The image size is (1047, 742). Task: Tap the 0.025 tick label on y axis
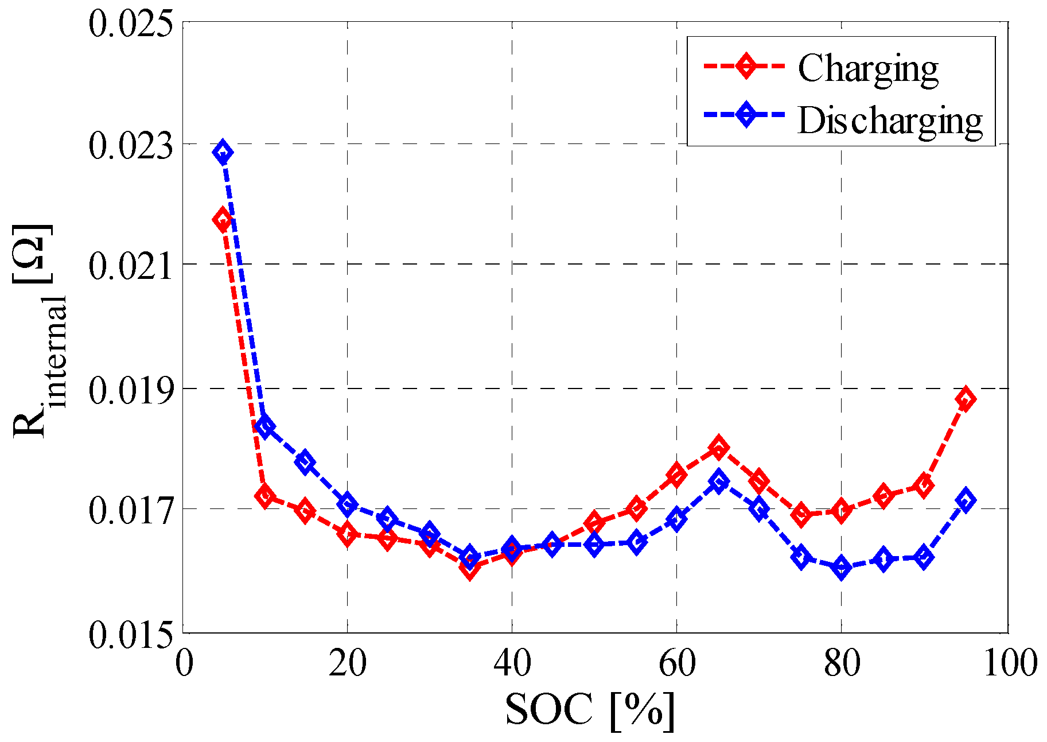[130, 24]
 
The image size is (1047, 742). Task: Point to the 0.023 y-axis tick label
[130, 145]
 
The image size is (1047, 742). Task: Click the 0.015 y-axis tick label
[130, 635]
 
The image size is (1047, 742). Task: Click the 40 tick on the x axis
[512, 663]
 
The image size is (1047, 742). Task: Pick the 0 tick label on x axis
[184, 663]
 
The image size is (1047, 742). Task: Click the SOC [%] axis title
[590, 710]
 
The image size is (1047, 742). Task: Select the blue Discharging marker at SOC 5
[223, 153]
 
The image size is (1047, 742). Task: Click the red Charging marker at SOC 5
[223, 220]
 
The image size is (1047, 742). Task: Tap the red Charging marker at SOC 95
[965, 399]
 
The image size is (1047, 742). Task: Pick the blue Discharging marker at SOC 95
[965, 500]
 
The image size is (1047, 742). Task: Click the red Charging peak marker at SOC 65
[718, 447]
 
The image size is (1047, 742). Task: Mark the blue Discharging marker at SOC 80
[842, 568]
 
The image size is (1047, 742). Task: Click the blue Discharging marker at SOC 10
[264, 426]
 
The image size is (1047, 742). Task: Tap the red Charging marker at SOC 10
[264, 496]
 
